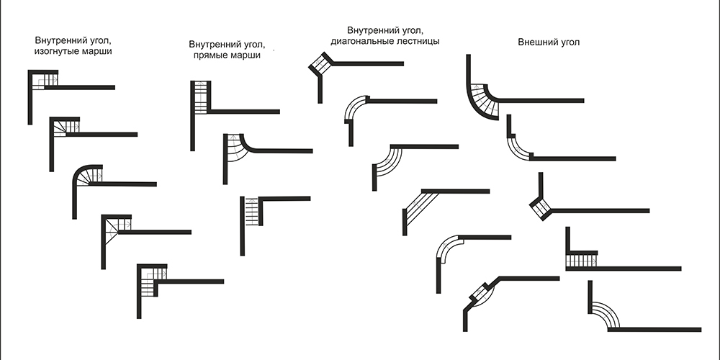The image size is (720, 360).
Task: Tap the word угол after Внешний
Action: click(x=567, y=42)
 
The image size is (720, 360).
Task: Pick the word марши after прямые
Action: click(x=246, y=55)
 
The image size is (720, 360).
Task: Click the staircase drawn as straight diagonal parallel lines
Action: click(x=421, y=207)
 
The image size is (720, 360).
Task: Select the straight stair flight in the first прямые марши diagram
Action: click(x=201, y=98)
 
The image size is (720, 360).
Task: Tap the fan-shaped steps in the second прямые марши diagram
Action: click(x=237, y=148)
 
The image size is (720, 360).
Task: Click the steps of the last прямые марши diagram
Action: click(x=251, y=212)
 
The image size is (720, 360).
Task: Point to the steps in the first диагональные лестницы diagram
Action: click(x=321, y=64)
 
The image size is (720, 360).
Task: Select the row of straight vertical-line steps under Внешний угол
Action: click(x=581, y=261)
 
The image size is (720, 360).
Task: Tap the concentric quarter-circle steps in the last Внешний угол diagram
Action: click(x=606, y=315)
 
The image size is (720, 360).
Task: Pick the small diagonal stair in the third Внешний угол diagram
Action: click(x=541, y=207)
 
